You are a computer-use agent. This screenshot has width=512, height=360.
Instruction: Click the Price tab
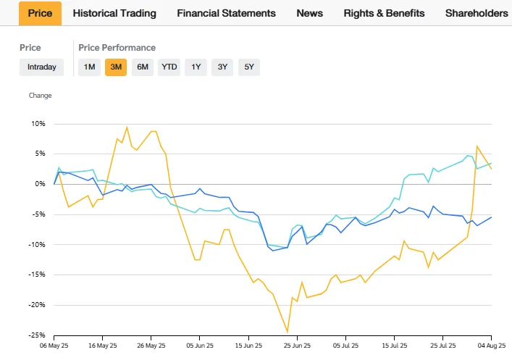click(x=40, y=13)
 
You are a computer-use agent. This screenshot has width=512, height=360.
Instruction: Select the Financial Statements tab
click(x=226, y=13)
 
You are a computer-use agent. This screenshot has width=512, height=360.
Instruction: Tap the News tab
click(x=310, y=13)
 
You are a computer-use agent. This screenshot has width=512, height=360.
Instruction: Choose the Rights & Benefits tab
click(x=385, y=13)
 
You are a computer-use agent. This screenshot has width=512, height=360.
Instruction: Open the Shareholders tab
click(x=477, y=13)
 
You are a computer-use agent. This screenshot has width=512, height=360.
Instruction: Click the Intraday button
click(x=42, y=67)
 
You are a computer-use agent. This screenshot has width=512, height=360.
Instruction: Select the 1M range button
click(x=89, y=67)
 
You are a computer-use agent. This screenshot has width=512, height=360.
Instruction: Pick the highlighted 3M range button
click(x=116, y=67)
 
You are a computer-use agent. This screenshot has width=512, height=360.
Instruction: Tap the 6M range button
click(x=143, y=67)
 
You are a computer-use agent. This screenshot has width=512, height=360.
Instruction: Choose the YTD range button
click(x=169, y=67)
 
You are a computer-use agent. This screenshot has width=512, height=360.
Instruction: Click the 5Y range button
click(x=249, y=67)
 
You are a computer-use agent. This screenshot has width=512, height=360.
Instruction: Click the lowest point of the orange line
click(x=288, y=332)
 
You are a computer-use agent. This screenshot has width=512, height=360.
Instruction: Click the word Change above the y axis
click(x=40, y=95)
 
